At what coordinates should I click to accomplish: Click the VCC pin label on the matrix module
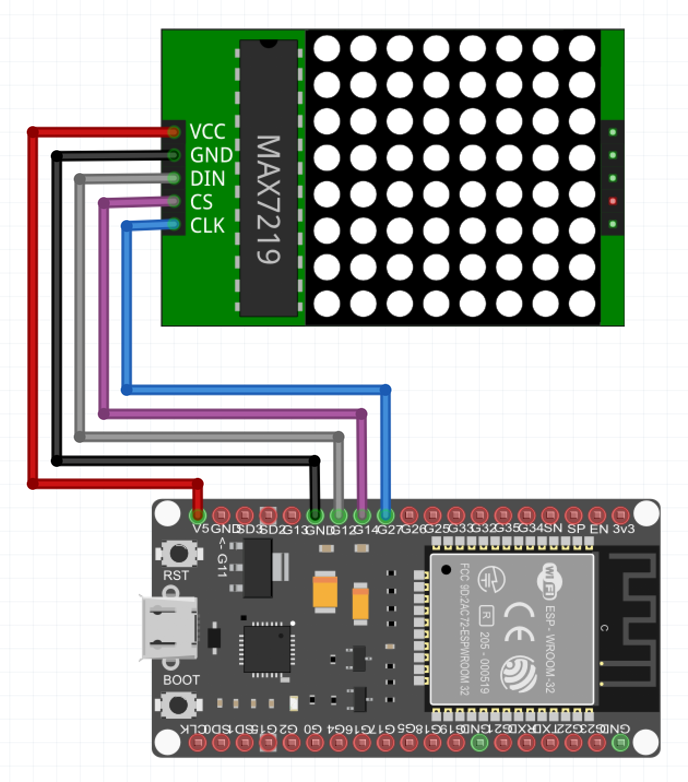click(207, 132)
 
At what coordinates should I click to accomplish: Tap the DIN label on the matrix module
click(207, 179)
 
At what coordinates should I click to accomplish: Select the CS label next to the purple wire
click(201, 202)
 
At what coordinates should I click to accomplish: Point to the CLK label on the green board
click(207, 226)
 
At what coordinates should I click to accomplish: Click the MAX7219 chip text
click(269, 199)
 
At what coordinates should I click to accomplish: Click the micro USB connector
click(169, 628)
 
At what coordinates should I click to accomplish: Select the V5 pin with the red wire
click(197, 515)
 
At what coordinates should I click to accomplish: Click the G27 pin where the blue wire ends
click(385, 515)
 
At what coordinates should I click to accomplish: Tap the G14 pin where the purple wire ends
click(362, 515)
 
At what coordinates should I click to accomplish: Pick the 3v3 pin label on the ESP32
click(624, 529)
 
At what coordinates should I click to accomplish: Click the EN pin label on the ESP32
click(599, 529)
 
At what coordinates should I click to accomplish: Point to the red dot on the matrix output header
click(613, 201)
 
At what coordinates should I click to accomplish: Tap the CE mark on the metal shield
click(519, 622)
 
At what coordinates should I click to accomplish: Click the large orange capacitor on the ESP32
click(324, 592)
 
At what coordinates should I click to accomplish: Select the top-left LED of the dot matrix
click(327, 48)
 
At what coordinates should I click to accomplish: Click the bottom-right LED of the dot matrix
click(582, 304)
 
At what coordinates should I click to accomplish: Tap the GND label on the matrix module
click(211, 155)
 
